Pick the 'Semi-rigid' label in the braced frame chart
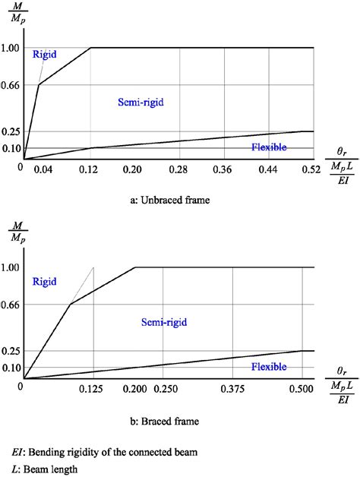(164, 323)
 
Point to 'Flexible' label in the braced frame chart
(269, 367)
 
